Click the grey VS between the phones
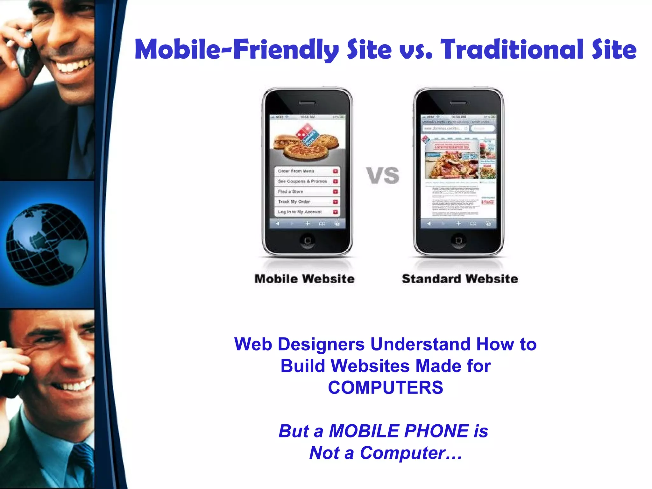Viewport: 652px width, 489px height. [382, 175]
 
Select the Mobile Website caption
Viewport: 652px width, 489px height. [304, 279]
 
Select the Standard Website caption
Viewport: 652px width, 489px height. [460, 279]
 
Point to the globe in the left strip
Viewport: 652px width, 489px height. [47, 244]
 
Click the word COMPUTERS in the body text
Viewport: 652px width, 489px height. [385, 387]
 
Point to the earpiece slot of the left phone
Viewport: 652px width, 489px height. [307, 103]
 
